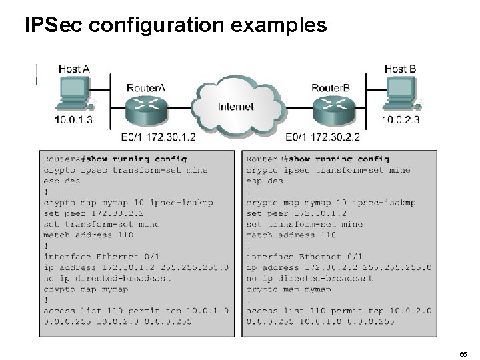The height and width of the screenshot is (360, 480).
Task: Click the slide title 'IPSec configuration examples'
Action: point(175,25)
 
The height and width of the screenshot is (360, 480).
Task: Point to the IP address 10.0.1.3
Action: point(73,121)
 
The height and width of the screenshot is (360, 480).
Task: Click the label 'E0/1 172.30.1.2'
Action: point(159,138)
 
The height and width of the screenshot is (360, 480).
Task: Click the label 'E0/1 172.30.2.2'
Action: point(323,138)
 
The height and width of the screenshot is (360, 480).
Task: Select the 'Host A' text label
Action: point(74,69)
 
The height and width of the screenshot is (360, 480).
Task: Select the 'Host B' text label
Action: point(400,69)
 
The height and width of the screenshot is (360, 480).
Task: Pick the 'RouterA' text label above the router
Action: point(146,88)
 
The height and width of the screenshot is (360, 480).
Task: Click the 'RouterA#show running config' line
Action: point(115,159)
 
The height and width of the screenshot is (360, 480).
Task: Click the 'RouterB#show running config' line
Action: point(318,159)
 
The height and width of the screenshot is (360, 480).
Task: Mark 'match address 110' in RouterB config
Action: point(291,235)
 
